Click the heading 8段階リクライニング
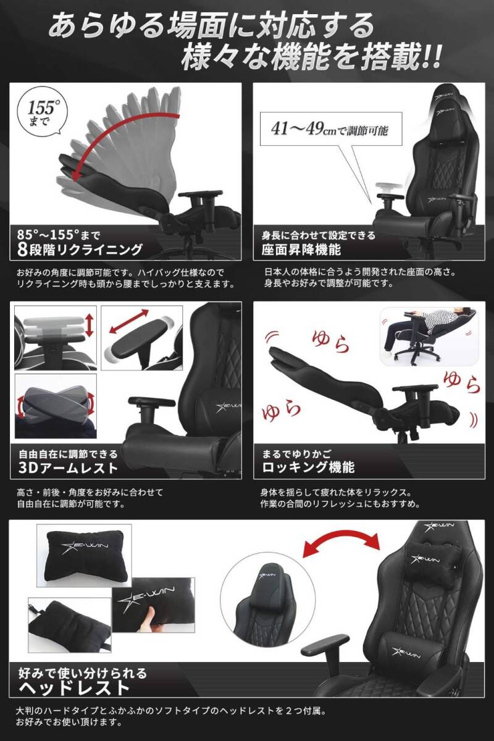tap(80, 250)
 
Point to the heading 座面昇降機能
tap(302, 250)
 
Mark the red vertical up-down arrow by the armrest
tap(90, 325)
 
